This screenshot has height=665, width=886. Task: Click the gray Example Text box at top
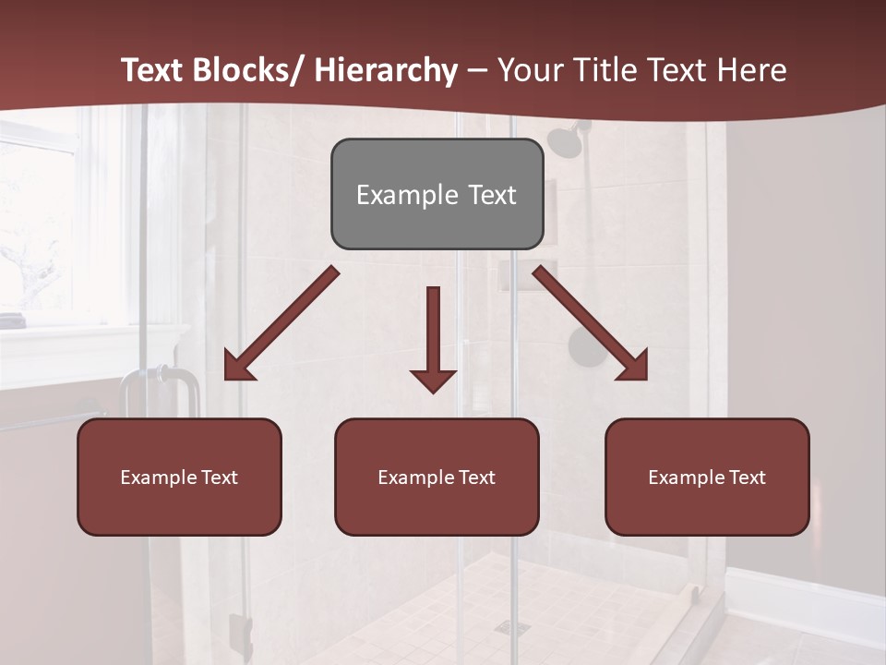pos(437,194)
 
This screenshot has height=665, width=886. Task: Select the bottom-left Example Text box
pos(179,477)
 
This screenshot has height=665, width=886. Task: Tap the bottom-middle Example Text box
pos(437,477)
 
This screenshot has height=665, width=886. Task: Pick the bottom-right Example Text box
pos(707,477)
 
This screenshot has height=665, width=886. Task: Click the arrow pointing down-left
pos(281,323)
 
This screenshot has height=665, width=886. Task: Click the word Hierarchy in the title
pos(386,70)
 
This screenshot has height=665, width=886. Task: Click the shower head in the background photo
pos(564,140)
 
